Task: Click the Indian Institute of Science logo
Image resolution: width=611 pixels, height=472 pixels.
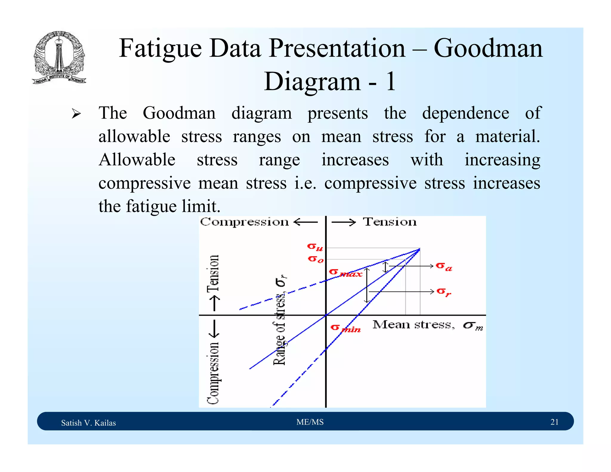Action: [x=59, y=58]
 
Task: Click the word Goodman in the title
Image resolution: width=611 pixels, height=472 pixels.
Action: [x=488, y=48]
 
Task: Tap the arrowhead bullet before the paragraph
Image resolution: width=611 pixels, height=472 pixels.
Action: [x=76, y=114]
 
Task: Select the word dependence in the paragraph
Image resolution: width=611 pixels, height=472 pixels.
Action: [x=465, y=113]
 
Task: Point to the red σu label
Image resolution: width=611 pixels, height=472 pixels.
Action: [x=315, y=247]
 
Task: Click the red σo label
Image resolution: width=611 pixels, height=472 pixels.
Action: [x=315, y=259]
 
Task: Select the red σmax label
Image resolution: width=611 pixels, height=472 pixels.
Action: [x=345, y=273]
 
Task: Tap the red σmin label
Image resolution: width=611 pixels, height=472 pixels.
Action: [x=345, y=328]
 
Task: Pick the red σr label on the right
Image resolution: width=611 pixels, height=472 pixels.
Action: [x=443, y=291]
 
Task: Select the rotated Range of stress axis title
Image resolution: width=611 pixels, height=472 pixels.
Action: [x=280, y=321]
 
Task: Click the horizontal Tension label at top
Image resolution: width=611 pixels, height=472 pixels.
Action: [x=389, y=222]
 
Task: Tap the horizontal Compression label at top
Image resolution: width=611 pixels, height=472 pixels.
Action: [x=244, y=222]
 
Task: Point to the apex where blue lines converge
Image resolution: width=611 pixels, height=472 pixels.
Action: [x=419, y=249]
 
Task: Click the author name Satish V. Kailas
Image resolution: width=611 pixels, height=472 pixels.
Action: [x=88, y=423]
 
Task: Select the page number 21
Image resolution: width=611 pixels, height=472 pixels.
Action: [x=554, y=422]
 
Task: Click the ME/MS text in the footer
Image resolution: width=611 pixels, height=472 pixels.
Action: [x=310, y=422]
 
